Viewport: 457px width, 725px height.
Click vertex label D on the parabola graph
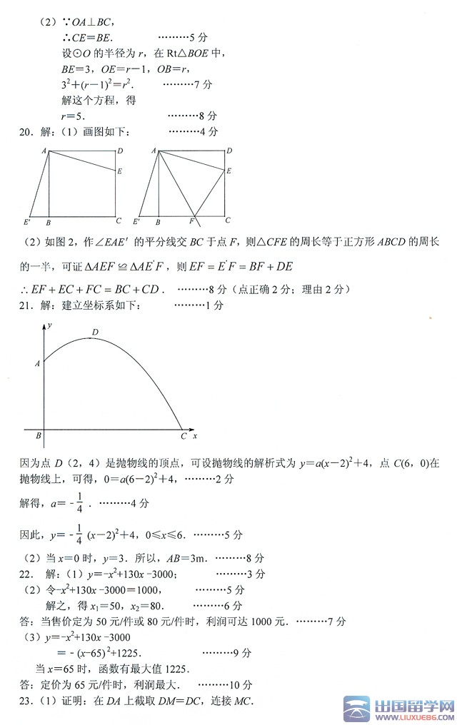(94, 331)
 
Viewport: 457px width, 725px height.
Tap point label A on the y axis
(37, 364)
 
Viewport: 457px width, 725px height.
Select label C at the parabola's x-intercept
(183, 436)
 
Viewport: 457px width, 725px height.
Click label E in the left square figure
(119, 171)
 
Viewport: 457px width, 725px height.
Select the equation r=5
(74, 116)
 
